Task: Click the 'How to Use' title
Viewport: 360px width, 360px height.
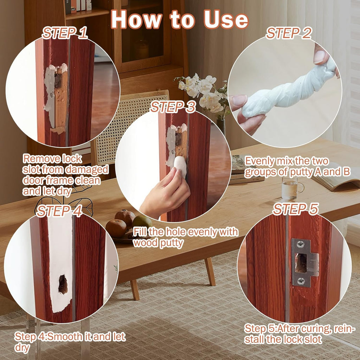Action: click(180, 20)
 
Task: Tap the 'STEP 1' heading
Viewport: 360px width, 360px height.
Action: click(65, 33)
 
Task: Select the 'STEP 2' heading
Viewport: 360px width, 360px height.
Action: click(289, 33)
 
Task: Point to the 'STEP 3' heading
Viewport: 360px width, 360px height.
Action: click(173, 107)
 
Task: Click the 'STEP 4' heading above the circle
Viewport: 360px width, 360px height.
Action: click(59, 211)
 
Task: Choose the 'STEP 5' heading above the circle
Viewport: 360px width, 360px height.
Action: click(296, 209)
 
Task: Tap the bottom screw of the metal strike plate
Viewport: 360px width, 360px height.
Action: click(301, 280)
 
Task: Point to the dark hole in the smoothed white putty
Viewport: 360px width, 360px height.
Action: click(63, 284)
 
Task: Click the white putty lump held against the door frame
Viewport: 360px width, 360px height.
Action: click(180, 166)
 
